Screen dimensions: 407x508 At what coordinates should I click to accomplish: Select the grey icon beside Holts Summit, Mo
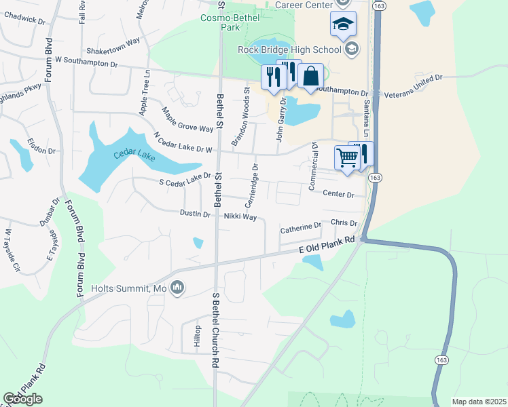tap(178, 288)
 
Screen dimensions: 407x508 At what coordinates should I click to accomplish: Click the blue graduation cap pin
tap(343, 24)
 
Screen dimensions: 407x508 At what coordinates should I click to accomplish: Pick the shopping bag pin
tap(310, 77)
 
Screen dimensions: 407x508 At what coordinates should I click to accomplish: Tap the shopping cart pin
tap(347, 159)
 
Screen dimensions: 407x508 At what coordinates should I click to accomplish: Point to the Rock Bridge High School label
tap(289, 49)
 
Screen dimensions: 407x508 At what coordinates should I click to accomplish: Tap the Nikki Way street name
tap(240, 217)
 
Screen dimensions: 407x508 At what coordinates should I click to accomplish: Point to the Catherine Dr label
tap(301, 227)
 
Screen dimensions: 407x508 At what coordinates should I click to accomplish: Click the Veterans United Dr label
tap(413, 79)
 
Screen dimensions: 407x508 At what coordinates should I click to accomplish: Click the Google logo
tap(23, 399)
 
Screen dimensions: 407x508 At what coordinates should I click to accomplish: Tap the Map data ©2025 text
tap(478, 402)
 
